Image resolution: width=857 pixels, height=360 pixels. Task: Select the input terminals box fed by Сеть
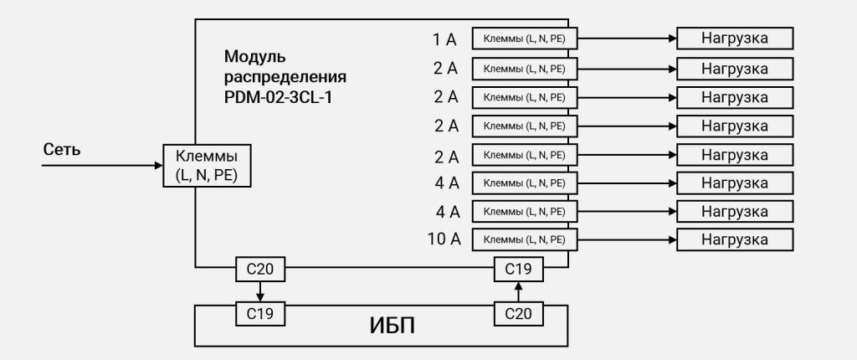[x=205, y=165]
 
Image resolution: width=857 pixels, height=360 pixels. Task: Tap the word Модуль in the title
[x=254, y=58]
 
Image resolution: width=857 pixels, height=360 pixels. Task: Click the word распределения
[x=285, y=77]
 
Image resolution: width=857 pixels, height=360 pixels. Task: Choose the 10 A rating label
[x=444, y=239]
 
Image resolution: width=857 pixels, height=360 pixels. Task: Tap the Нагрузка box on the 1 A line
[x=734, y=39]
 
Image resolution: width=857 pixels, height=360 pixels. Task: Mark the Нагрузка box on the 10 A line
[x=734, y=239]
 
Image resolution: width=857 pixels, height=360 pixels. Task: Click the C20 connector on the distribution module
[x=259, y=270]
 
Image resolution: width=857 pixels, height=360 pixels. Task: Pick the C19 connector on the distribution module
[x=519, y=270]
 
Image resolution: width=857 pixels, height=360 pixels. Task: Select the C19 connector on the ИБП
[x=259, y=313]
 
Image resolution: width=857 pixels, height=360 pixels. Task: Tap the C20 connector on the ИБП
[x=519, y=313]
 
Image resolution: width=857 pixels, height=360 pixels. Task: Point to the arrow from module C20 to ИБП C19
[x=259, y=291]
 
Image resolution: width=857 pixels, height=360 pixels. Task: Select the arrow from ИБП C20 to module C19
[x=519, y=291]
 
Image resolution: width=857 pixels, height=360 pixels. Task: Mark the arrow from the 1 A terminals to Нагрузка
[x=628, y=39]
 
